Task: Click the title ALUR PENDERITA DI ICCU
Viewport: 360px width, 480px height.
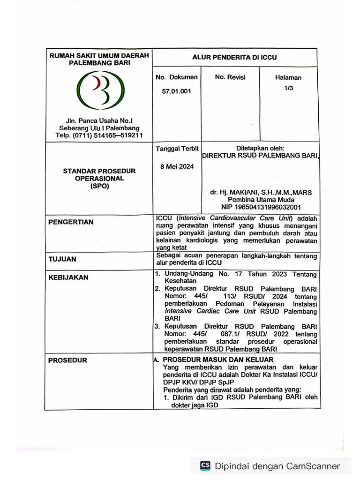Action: (x=235, y=58)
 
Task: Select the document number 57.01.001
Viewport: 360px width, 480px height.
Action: (x=177, y=92)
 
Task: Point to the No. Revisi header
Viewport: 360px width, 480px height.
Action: (x=230, y=77)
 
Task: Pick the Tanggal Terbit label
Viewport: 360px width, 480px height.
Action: (x=177, y=149)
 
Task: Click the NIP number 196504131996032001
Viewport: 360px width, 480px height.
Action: (x=261, y=207)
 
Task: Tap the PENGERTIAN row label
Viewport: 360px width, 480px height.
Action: (x=71, y=222)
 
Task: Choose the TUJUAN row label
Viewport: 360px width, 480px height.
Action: (x=62, y=259)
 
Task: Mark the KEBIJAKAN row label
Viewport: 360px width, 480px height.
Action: (x=68, y=277)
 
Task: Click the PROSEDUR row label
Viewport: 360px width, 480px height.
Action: (x=68, y=360)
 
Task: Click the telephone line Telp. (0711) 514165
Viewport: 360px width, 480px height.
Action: (x=99, y=136)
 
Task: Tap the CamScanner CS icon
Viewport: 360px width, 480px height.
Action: (x=205, y=465)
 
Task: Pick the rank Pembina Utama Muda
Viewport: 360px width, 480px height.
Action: (x=261, y=200)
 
